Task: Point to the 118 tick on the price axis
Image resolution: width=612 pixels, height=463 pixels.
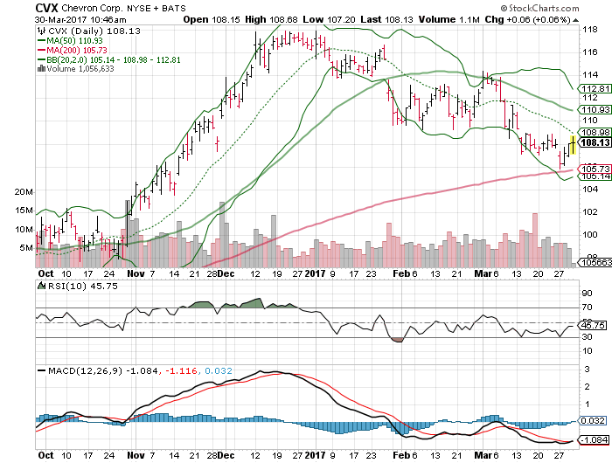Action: [x=589, y=29]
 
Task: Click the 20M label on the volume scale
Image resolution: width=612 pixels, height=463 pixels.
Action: [x=24, y=191]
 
